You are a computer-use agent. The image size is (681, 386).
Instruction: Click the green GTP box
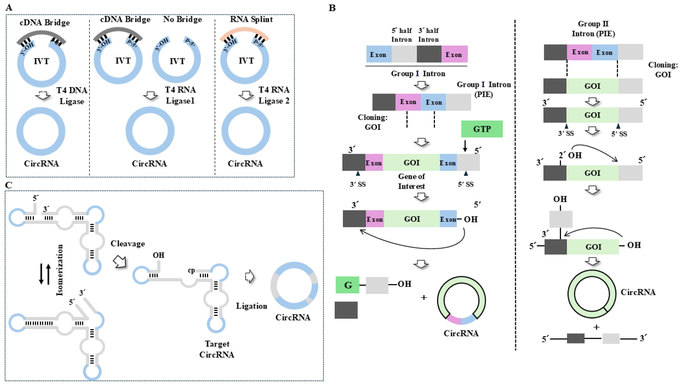(x=482, y=129)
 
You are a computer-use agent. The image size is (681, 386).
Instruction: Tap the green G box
(x=347, y=285)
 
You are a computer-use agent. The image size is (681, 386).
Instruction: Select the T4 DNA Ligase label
(x=72, y=96)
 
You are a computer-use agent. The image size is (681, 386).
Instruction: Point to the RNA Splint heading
(x=251, y=19)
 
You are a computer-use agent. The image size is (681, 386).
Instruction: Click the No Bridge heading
(x=182, y=19)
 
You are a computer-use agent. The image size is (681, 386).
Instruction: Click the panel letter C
(x=9, y=185)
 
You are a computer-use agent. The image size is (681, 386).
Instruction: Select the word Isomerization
(x=60, y=270)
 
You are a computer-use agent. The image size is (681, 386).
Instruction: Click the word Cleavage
(x=128, y=244)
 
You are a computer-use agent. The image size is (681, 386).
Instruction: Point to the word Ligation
(x=252, y=306)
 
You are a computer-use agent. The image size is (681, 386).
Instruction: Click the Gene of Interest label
(x=411, y=181)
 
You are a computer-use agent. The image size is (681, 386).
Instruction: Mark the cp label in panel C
(x=191, y=271)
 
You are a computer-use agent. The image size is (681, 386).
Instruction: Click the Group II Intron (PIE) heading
(x=593, y=29)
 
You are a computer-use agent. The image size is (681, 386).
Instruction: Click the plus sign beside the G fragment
(x=424, y=298)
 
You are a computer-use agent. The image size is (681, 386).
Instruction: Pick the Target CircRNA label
(x=217, y=349)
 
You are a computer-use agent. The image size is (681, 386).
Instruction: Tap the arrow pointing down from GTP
(x=465, y=146)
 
